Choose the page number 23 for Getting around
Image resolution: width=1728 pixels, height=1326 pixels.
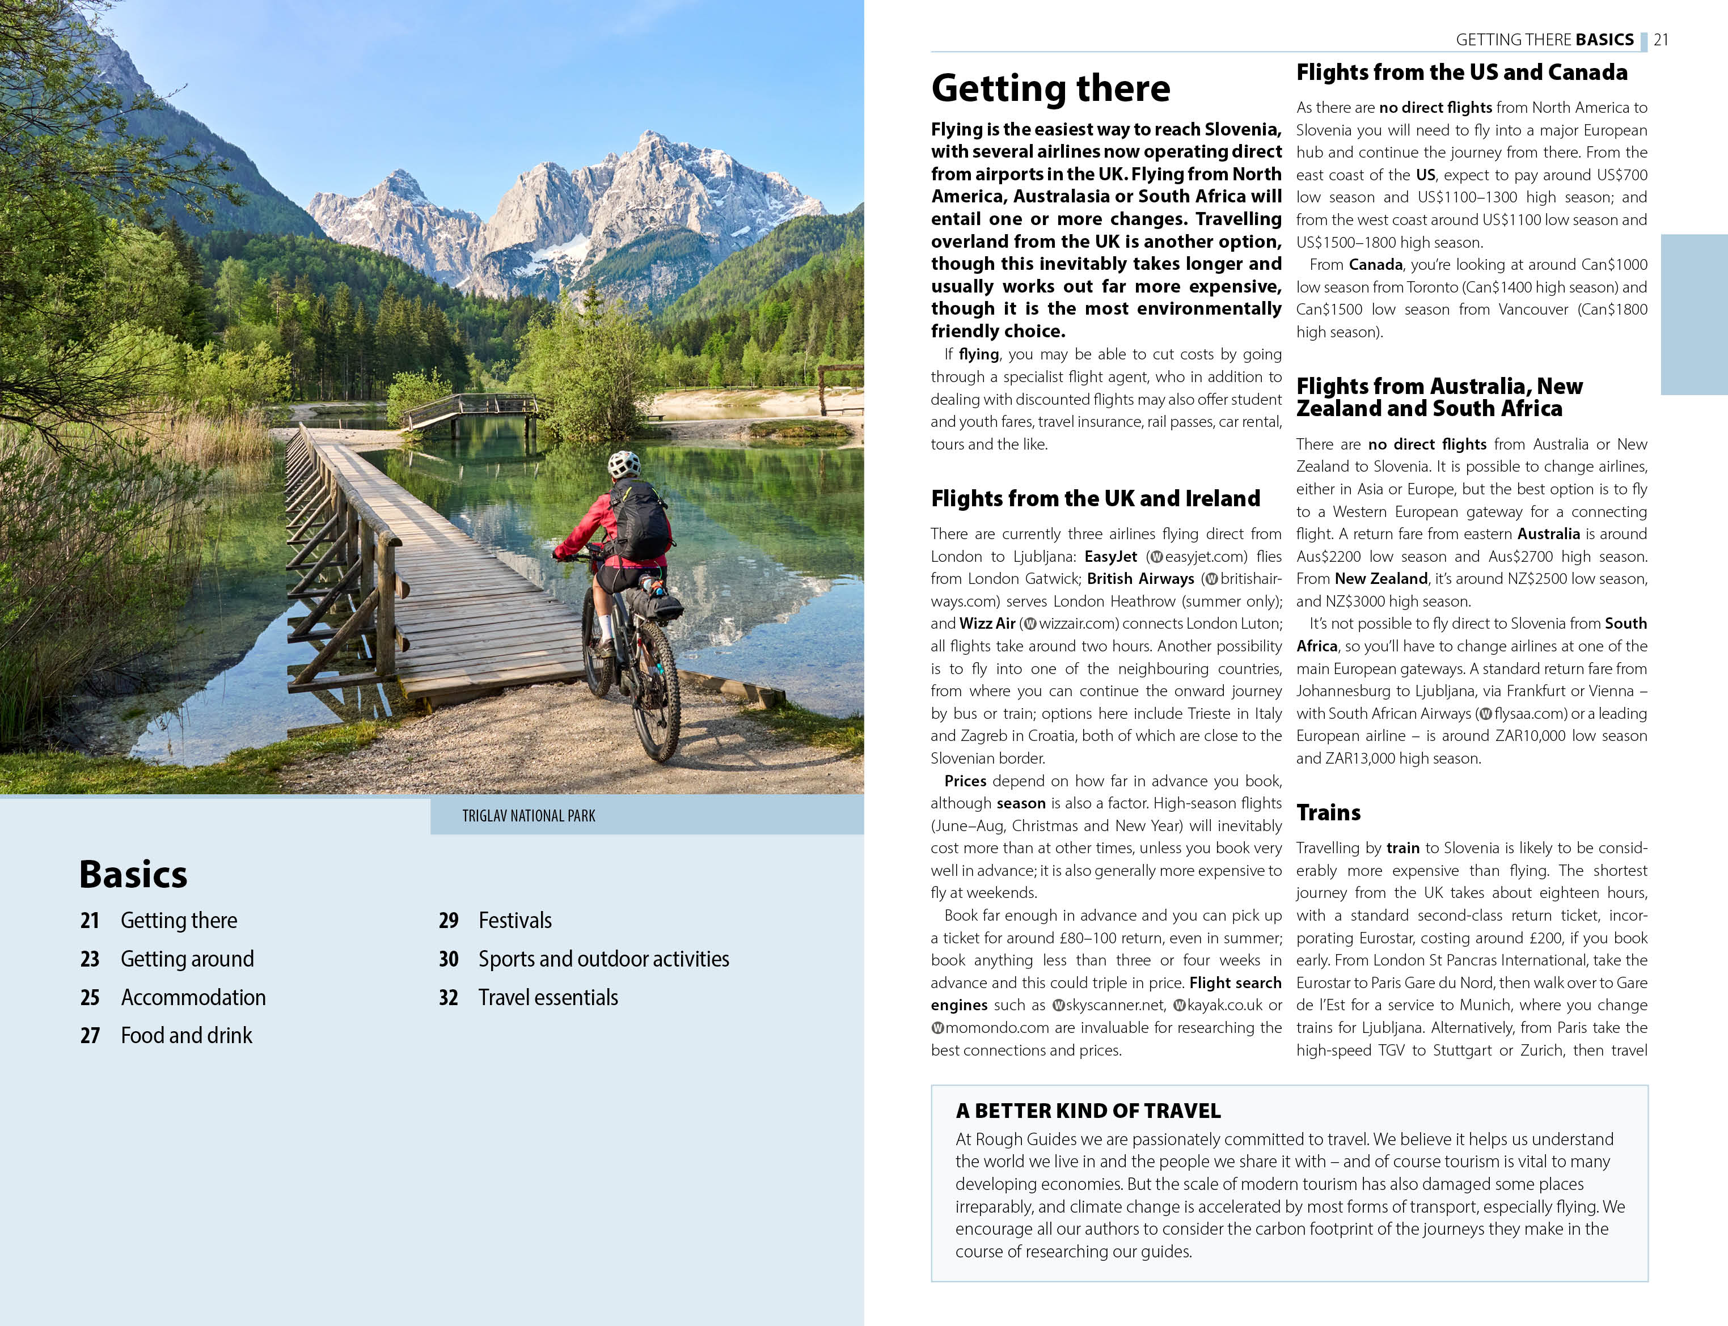point(90,959)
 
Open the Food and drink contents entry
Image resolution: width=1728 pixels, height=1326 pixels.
point(187,1036)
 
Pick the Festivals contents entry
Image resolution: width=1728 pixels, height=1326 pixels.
point(515,920)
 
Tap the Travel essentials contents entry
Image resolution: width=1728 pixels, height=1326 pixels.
point(548,998)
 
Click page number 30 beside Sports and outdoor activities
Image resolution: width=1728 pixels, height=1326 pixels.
point(449,959)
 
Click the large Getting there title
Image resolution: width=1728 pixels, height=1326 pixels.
point(1050,88)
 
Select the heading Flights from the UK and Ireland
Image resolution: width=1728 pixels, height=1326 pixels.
point(1095,499)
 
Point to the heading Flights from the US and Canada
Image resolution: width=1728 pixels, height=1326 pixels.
point(1461,73)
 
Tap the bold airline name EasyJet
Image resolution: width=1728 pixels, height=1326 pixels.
point(1110,557)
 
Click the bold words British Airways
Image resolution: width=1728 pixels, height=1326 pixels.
point(1140,579)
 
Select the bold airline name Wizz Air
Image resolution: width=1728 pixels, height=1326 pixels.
point(987,624)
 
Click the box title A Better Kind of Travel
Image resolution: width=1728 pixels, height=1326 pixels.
point(1088,1111)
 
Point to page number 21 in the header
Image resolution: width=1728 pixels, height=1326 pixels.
point(1661,40)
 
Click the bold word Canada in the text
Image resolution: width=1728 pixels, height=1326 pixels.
point(1375,264)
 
